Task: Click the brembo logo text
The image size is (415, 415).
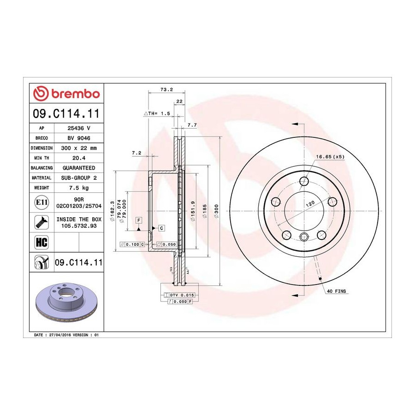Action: point(76,94)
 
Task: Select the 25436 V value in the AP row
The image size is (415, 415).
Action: point(79,128)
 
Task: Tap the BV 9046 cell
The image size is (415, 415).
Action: point(79,138)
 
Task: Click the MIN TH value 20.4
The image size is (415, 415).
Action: point(79,158)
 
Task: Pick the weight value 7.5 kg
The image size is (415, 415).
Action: point(79,188)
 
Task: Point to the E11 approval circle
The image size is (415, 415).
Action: point(41,202)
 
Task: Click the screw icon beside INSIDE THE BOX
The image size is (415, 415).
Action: point(41,222)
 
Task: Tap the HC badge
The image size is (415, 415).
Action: point(41,242)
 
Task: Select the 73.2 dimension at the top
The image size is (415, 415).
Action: point(166,89)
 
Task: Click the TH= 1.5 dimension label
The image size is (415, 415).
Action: point(157,113)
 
